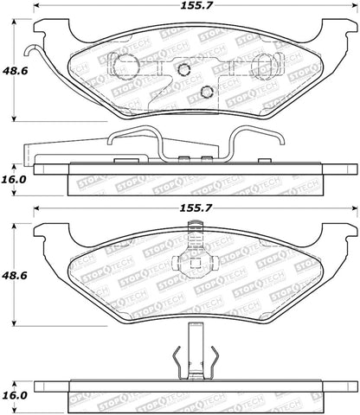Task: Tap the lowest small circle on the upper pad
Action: tap(206, 93)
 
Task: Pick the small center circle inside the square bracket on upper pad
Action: tap(184, 72)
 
